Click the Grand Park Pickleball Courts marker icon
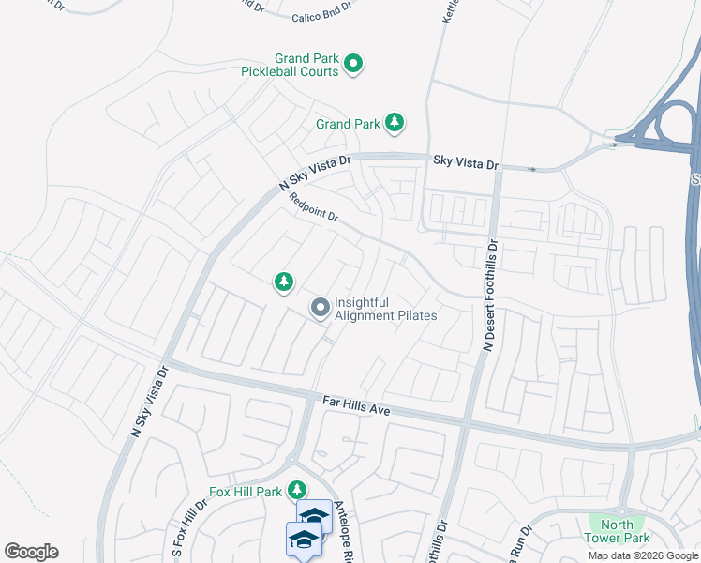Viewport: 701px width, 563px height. (x=353, y=64)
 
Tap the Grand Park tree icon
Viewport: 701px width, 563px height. (x=395, y=122)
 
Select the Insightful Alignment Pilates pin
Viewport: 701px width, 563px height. (x=321, y=307)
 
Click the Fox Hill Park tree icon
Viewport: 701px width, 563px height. (x=297, y=490)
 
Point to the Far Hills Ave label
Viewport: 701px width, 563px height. (x=355, y=405)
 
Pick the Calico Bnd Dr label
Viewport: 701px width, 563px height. (x=321, y=5)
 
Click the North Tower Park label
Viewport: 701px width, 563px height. (x=617, y=531)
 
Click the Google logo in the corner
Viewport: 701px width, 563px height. (x=31, y=552)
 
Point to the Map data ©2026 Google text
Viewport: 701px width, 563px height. (x=644, y=555)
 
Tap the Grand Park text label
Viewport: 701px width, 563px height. (x=348, y=124)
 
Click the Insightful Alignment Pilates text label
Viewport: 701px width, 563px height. (x=385, y=309)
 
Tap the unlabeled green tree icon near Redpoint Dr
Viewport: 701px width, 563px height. (x=283, y=281)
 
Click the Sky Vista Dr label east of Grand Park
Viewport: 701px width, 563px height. (x=468, y=162)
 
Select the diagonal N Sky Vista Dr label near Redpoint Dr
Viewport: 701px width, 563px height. (x=314, y=174)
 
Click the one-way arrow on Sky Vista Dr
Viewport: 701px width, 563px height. (x=532, y=169)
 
